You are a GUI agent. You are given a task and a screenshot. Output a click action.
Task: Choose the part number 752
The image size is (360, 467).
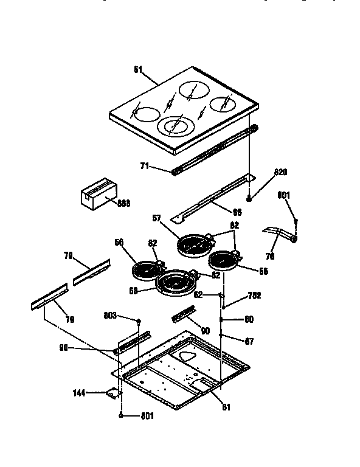tap(254, 297)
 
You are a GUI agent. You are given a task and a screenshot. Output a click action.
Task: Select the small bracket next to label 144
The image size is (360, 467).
tap(111, 394)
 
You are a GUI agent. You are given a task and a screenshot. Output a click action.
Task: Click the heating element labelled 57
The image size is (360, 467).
tap(193, 245)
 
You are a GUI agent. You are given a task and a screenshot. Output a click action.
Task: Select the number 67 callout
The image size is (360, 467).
tap(249, 342)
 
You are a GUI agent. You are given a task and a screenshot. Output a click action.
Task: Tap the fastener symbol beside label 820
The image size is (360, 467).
tap(249, 198)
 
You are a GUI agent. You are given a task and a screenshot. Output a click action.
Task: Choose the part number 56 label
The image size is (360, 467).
tap(119, 242)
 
